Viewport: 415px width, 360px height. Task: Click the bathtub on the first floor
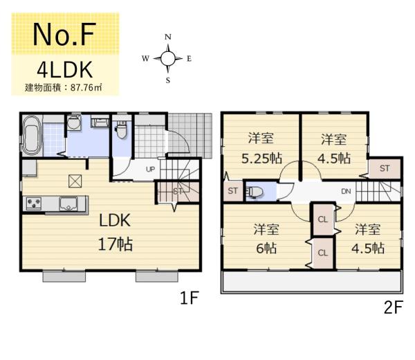click(32, 136)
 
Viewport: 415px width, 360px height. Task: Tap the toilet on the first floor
click(122, 130)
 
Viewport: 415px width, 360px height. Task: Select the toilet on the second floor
click(254, 192)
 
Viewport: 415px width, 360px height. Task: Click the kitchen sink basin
click(68, 204)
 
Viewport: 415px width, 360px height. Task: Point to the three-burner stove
click(34, 204)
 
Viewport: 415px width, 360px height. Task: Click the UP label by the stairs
click(150, 169)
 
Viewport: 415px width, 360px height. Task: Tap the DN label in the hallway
click(346, 191)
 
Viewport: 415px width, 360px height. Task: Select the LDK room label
click(115, 220)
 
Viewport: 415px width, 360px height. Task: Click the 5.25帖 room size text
click(261, 159)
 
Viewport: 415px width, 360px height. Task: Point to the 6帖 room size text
click(266, 249)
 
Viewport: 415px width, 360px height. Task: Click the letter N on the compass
click(168, 37)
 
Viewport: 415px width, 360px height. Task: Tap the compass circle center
click(168, 58)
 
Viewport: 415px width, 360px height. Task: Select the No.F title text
click(64, 35)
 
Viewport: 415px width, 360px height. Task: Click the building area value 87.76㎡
click(86, 88)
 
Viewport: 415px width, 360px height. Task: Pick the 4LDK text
click(65, 70)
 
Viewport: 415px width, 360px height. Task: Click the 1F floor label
click(190, 298)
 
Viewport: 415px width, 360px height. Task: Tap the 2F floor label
click(394, 307)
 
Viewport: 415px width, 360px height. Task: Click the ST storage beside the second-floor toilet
click(233, 190)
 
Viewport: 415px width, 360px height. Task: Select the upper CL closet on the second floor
click(323, 219)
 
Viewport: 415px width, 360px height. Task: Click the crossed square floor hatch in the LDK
click(75, 181)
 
